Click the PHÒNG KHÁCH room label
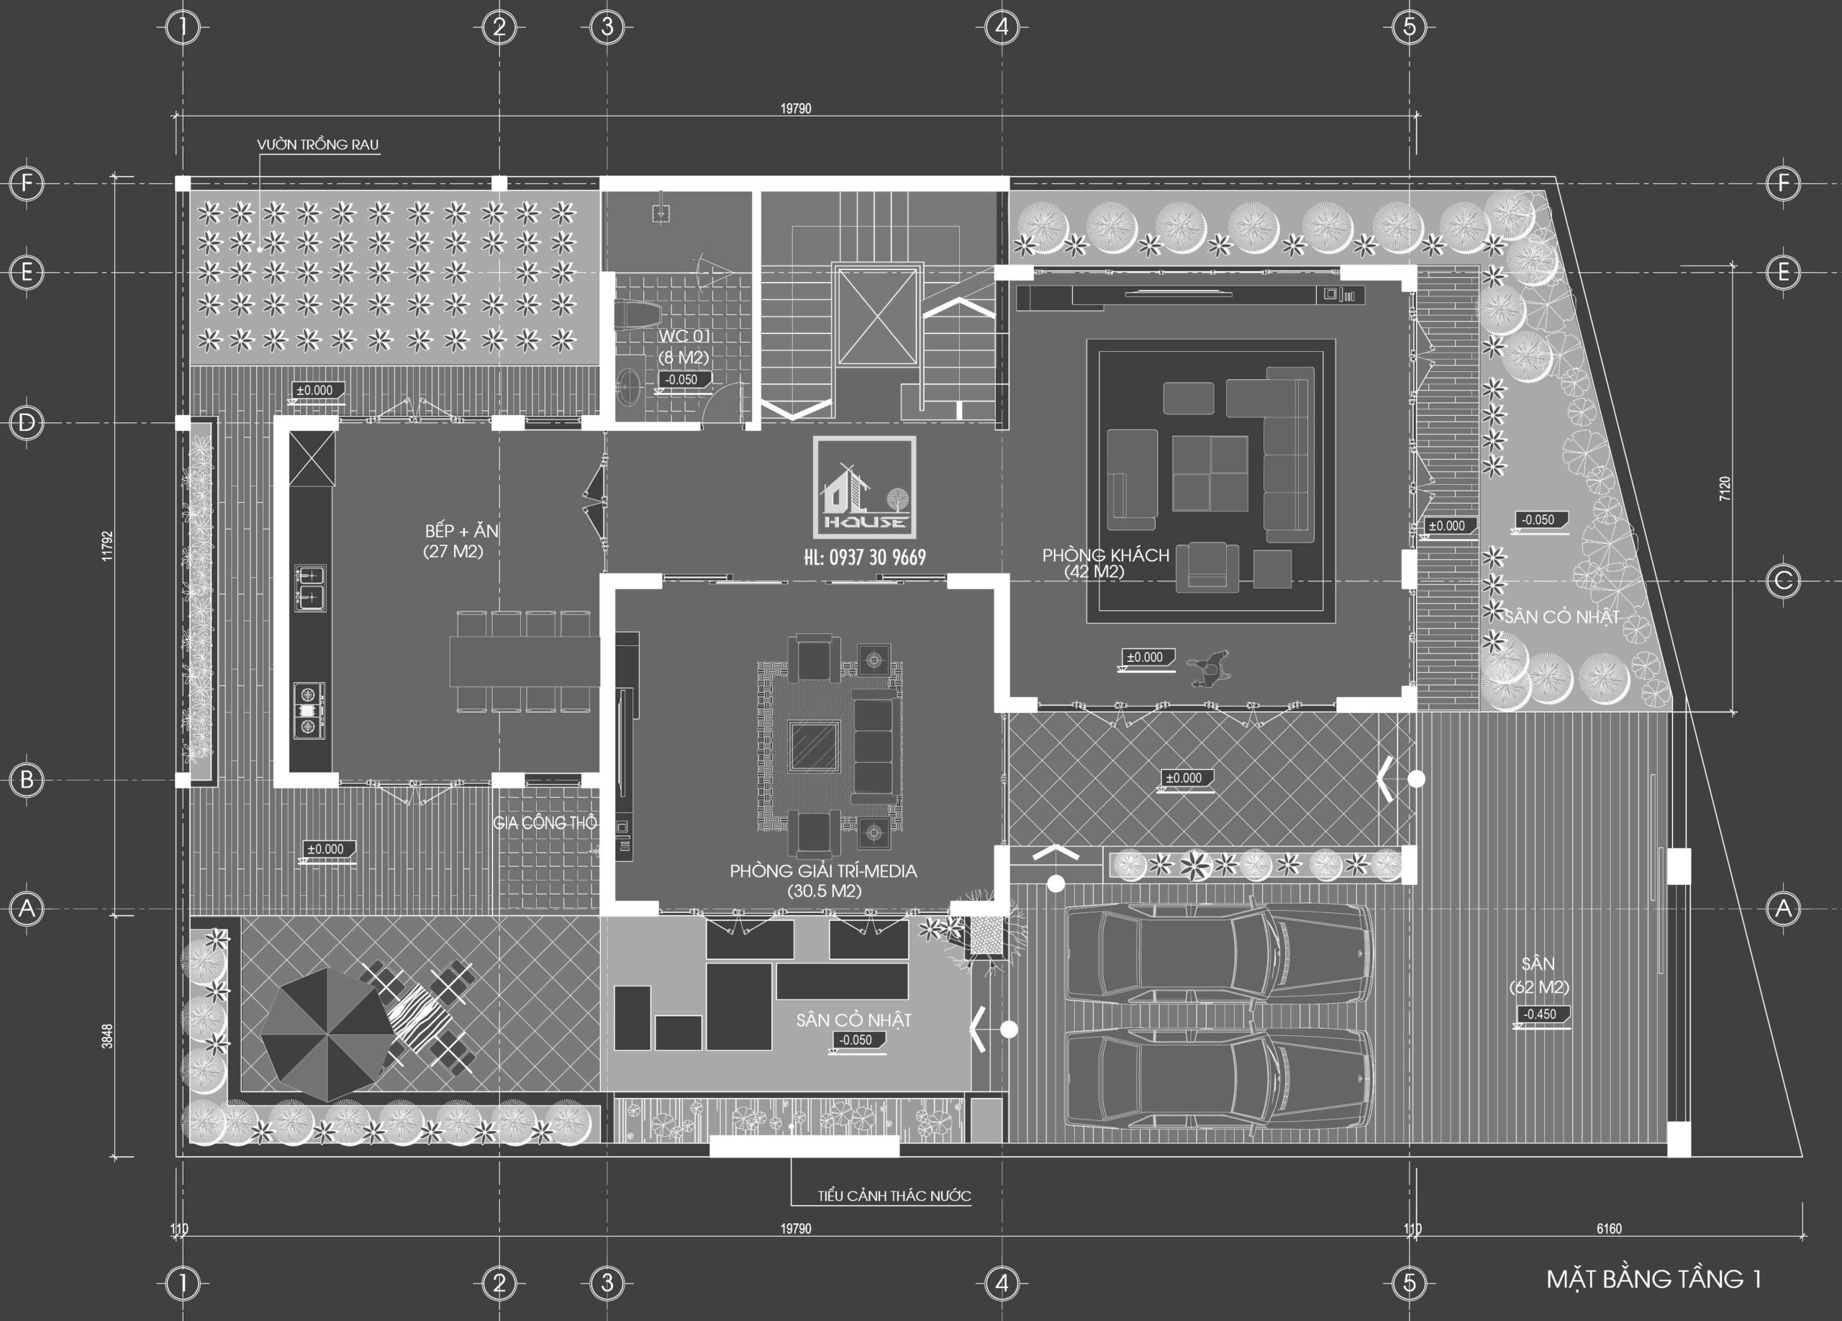coord(1105,555)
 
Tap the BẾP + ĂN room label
coord(461,531)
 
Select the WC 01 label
coord(684,336)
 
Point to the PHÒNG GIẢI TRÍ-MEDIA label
coord(822,871)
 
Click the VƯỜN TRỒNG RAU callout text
coord(317,145)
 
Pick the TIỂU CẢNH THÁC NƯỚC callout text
coord(894,1196)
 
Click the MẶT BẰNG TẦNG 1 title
coord(1653,1279)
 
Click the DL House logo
coord(865,487)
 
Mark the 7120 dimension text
coord(1724,488)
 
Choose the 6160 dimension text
coord(1609,1228)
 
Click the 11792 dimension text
coord(107,546)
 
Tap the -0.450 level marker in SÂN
coord(1540,1014)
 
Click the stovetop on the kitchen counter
coord(309,709)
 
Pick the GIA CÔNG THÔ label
coord(544,823)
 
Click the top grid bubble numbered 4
coord(1002,27)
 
